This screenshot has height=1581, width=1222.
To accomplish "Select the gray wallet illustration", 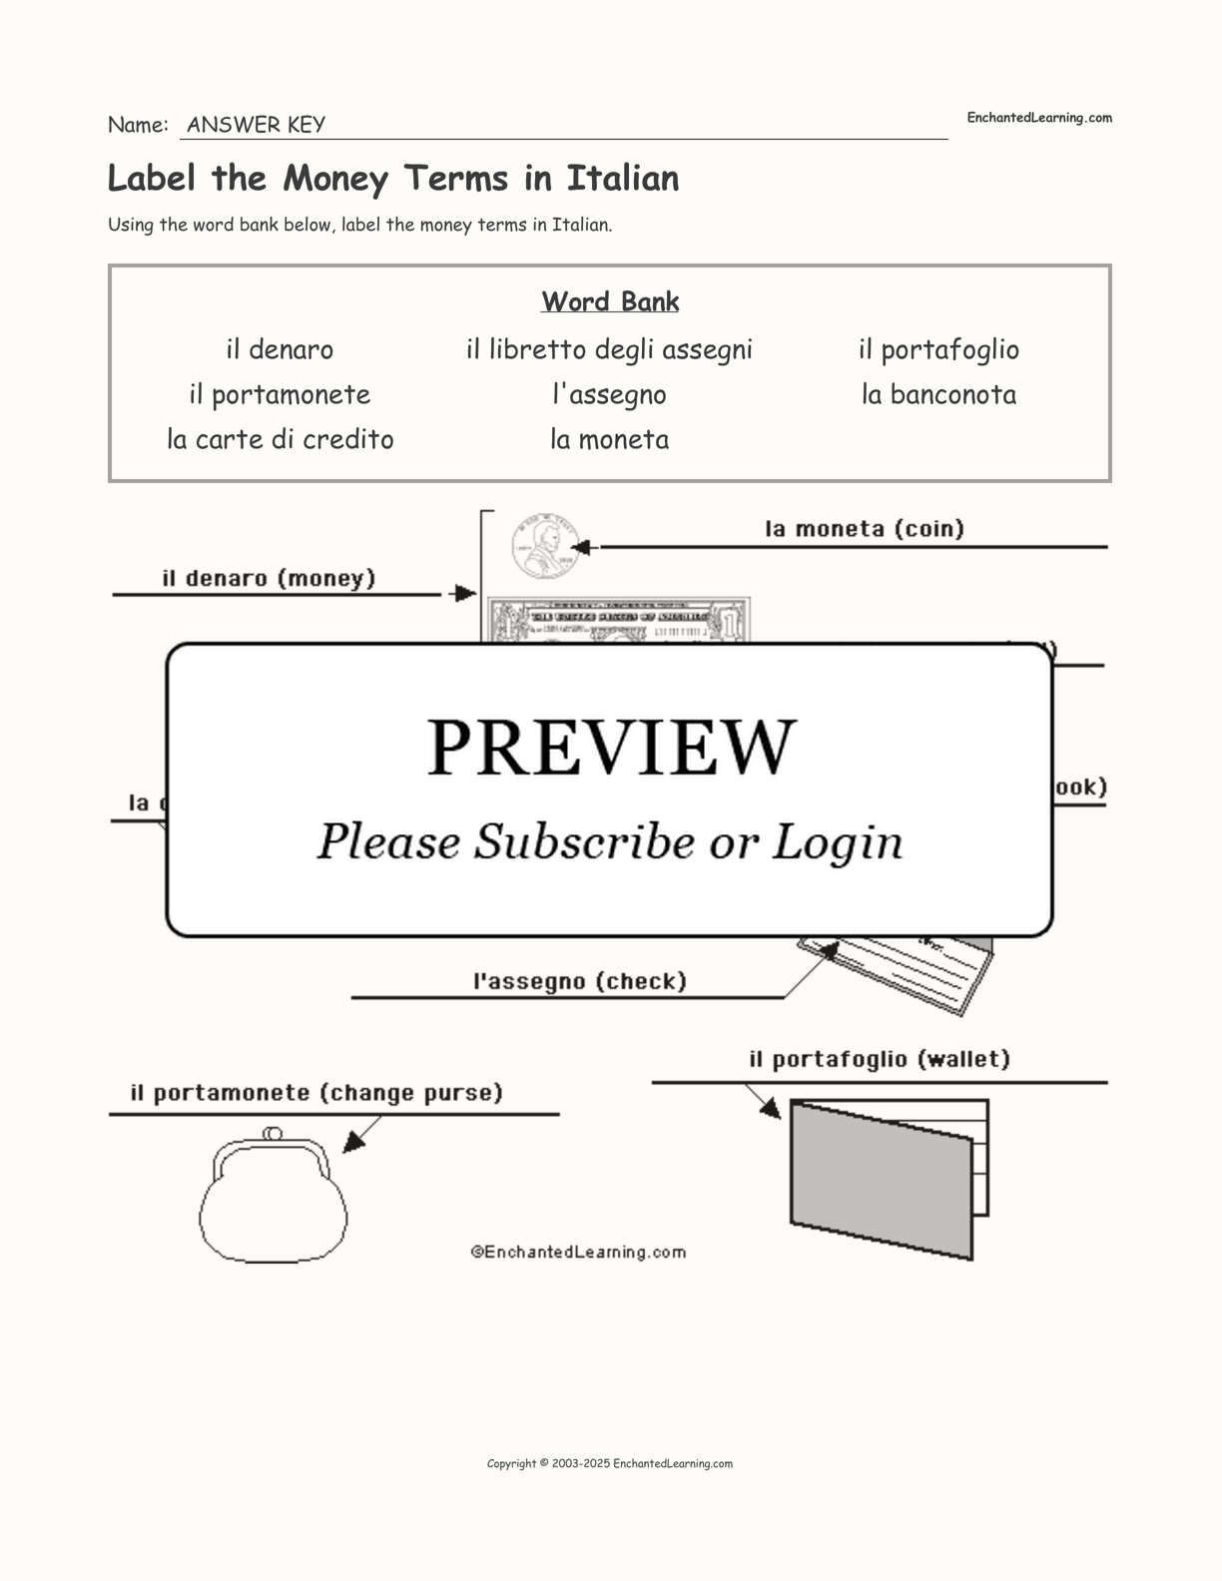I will point(881,1179).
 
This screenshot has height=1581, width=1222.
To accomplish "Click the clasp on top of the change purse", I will point(272,1133).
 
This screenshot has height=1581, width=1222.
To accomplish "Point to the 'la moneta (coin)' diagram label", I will point(865,529).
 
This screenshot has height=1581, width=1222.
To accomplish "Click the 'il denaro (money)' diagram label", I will point(269,579).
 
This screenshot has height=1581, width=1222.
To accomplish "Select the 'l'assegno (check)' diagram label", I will point(580,981).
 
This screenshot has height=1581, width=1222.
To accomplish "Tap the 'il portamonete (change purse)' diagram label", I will point(316,1093).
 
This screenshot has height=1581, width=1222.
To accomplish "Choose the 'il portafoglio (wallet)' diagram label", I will point(880,1059).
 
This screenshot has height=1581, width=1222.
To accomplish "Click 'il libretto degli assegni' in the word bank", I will point(609,349).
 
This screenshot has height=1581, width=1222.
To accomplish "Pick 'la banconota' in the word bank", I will point(938,394).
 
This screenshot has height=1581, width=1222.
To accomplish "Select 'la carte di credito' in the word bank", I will point(281,439).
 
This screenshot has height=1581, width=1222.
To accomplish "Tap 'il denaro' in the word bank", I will point(280,349).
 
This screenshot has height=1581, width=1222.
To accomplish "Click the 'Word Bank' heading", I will point(610,301).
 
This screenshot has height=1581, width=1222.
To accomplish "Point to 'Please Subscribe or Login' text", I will point(610,841).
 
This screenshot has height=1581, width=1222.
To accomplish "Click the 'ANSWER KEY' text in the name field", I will point(256,125).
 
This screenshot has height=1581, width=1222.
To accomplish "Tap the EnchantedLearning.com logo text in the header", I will point(1038,118).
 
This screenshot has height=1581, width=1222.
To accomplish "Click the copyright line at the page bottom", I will point(610,1464).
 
